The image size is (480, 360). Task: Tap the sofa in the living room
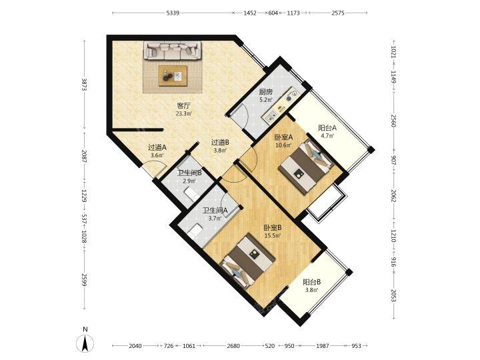point(173,50)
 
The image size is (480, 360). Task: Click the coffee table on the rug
point(173,75)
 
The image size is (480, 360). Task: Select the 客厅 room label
point(184,106)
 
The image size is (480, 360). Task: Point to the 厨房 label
point(266,92)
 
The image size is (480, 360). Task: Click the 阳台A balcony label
point(327,127)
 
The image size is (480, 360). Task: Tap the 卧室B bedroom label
point(273,228)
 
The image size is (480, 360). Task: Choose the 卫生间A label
point(215,210)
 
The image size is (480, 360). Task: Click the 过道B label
point(221,143)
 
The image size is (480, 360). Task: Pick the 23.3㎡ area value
point(184,114)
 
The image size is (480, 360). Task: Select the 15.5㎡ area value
point(273,236)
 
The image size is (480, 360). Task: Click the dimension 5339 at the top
point(173,13)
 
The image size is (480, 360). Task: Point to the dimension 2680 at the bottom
point(233,346)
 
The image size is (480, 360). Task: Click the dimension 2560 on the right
point(394,121)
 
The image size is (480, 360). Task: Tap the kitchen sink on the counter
point(271,116)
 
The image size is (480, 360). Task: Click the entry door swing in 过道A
point(155,169)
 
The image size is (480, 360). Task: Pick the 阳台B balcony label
point(311,282)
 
